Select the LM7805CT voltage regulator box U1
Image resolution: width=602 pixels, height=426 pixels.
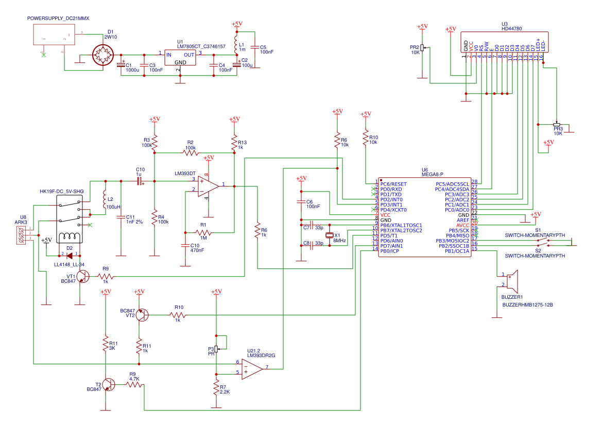click(x=180, y=57)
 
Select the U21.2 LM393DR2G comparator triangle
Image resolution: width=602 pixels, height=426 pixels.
click(x=252, y=368)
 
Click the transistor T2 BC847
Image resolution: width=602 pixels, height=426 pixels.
click(x=108, y=385)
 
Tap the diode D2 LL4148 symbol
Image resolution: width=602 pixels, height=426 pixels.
click(x=69, y=254)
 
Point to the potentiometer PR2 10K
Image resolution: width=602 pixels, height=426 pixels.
click(x=422, y=48)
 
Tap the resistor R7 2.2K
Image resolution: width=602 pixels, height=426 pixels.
click(x=217, y=389)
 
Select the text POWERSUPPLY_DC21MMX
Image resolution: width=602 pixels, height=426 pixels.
click(x=58, y=18)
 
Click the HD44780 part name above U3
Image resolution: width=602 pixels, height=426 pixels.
click(x=511, y=29)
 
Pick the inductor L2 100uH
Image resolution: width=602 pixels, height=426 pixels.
click(x=105, y=199)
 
